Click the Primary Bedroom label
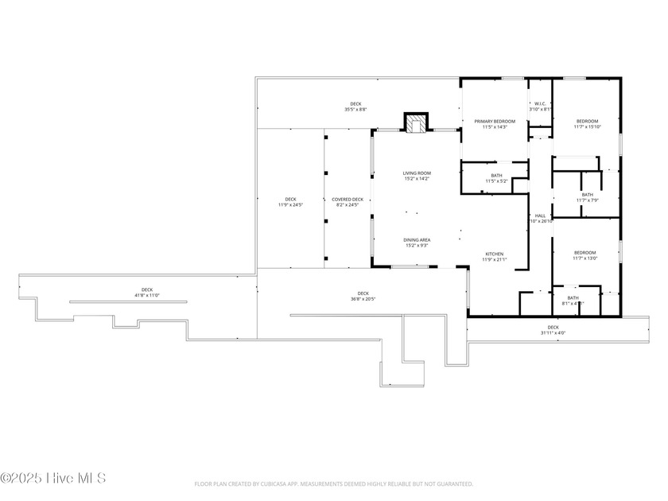495,122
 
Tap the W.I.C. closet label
539,103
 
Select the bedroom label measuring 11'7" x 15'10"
587,122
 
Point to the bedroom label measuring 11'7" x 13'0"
584,253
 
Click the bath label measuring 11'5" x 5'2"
496,176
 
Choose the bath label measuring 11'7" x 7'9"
587,195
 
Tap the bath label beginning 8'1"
573,298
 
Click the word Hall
541,216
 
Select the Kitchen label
495,254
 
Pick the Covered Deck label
348,200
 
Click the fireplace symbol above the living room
415,123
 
